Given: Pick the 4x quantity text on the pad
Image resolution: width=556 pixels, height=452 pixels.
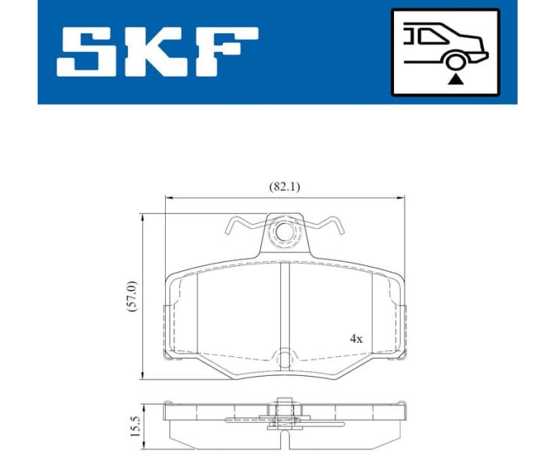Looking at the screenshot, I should [356, 339].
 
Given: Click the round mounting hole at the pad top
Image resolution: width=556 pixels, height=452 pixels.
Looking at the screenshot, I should [284, 233].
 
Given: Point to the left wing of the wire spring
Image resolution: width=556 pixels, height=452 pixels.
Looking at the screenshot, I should [243, 222].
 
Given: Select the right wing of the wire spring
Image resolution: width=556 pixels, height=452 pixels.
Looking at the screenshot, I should [325, 222].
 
